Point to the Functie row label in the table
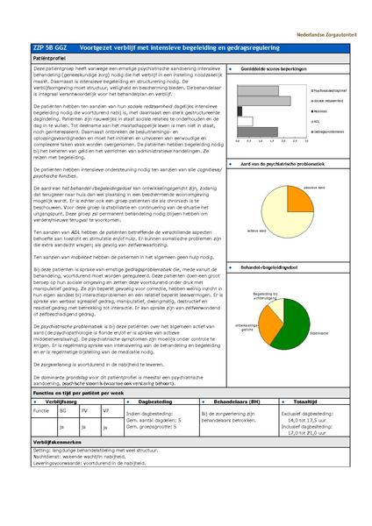41,409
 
